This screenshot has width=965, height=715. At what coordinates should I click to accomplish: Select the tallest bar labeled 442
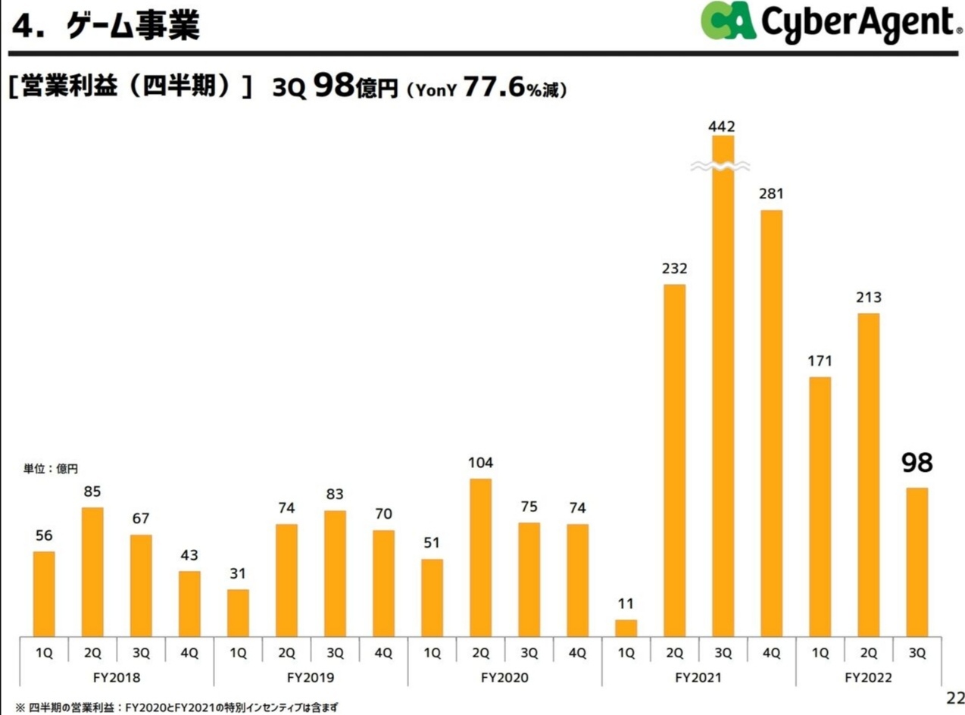coord(723,394)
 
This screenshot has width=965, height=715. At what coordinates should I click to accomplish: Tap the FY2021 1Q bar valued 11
coord(626,628)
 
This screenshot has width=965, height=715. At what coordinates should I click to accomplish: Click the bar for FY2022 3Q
coord(917,561)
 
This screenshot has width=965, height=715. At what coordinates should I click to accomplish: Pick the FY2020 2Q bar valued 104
coord(480,557)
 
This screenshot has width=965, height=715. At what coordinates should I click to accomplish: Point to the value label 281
coord(771,195)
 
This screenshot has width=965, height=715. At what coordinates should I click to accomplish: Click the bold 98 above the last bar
coord(917,463)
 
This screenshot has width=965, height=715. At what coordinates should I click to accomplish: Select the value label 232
coord(674,269)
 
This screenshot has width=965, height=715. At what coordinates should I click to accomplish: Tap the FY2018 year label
coord(117,676)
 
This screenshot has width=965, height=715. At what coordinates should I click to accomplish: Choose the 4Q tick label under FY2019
coord(383,652)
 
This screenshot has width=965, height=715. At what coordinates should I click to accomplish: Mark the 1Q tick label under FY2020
coord(432,652)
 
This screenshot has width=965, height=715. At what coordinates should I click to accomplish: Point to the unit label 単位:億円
coord(51,470)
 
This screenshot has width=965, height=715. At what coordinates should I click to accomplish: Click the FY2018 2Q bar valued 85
coord(92,571)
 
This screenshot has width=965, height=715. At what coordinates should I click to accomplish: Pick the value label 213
coord(868,298)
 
